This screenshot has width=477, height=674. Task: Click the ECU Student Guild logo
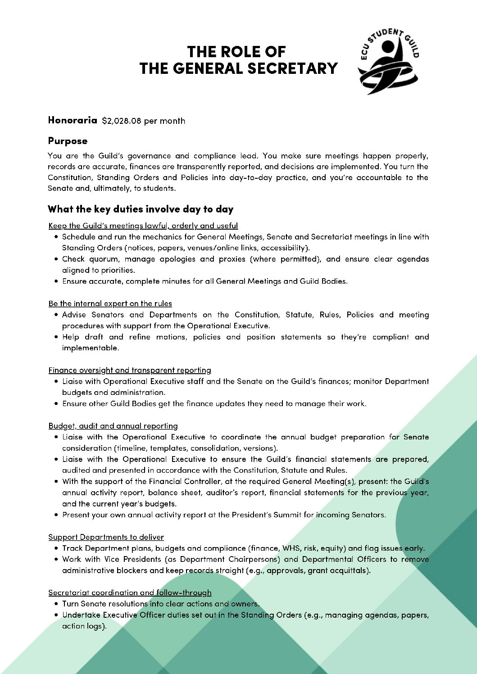388,61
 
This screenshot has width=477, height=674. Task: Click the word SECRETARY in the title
292,68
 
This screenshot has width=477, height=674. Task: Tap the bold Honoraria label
73,120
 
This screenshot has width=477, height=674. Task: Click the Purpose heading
68,141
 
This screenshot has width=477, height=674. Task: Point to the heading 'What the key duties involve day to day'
141,209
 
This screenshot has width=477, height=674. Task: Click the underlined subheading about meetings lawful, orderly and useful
143,226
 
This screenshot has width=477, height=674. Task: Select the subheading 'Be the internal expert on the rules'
110,303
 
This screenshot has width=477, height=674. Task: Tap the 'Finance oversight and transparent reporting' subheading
130,370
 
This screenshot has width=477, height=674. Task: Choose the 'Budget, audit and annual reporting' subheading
113,426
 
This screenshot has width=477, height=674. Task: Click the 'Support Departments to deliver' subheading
106,537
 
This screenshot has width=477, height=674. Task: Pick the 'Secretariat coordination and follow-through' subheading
130,593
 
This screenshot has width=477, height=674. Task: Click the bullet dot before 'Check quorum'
56,259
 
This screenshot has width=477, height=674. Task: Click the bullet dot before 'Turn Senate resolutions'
56,604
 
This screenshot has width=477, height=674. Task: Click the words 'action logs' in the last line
83,626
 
